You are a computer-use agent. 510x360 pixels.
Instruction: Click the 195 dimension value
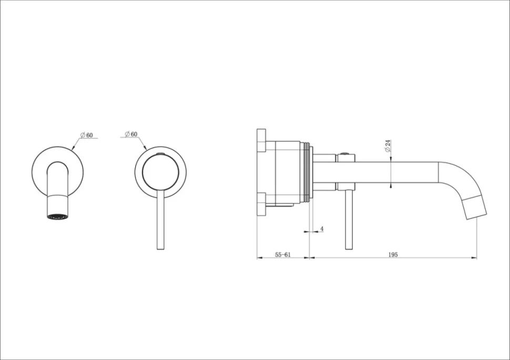click(x=393, y=255)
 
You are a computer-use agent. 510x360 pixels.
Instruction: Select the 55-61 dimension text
click(x=283, y=255)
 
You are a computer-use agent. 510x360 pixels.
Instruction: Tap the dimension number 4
click(x=322, y=229)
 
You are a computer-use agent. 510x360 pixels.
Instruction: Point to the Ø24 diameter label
click(x=387, y=146)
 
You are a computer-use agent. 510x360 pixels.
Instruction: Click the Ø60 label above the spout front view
click(x=87, y=135)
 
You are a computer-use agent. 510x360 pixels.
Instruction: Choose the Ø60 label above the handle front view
click(x=131, y=134)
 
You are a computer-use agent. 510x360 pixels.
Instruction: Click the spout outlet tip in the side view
click(x=477, y=216)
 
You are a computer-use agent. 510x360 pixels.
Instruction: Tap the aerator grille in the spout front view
click(x=57, y=217)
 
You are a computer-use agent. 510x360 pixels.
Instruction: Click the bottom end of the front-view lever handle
click(x=160, y=249)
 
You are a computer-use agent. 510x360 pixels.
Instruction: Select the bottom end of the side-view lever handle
click(x=349, y=249)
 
